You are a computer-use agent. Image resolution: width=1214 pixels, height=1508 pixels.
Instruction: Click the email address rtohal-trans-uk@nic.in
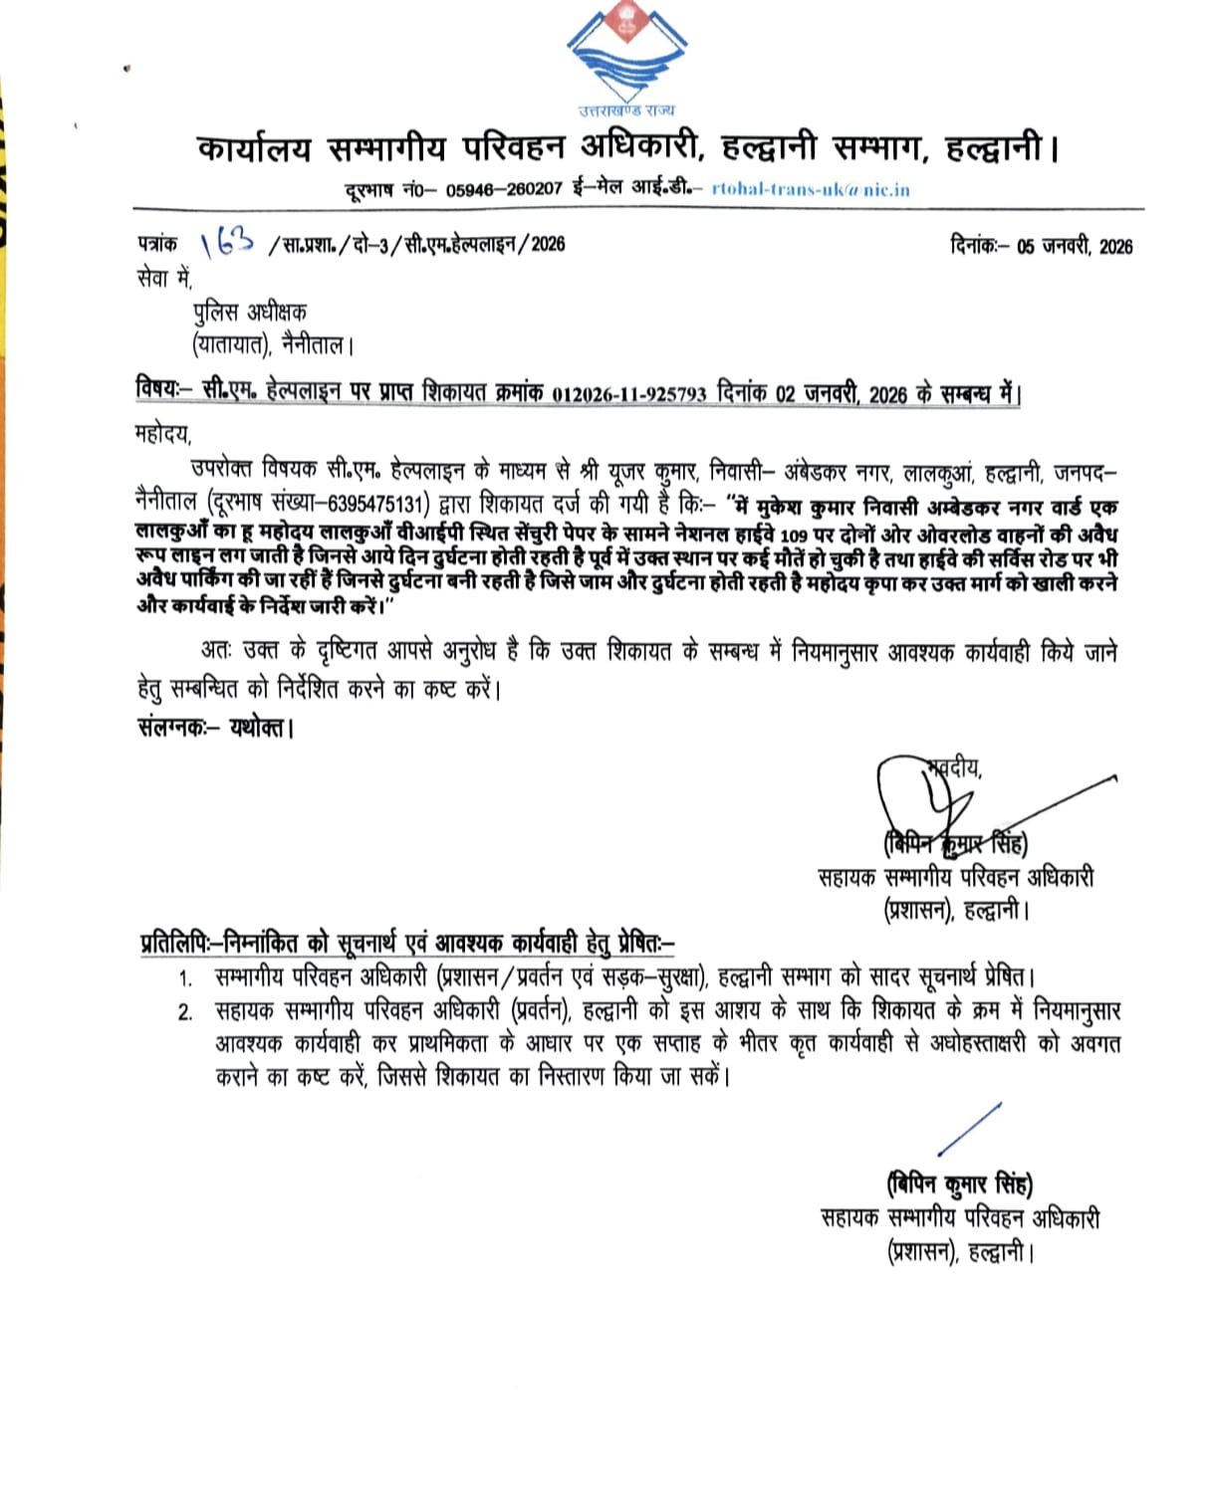click(x=811, y=189)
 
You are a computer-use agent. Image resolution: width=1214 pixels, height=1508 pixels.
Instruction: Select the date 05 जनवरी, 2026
click(x=1074, y=247)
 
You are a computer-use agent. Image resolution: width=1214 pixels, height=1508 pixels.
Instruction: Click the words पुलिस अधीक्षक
click(x=250, y=313)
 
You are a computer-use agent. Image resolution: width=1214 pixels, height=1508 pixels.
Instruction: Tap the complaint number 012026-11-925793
click(x=630, y=393)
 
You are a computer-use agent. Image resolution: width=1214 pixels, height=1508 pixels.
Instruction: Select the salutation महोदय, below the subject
click(x=161, y=434)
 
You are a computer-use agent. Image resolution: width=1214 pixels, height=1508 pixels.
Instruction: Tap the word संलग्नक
click(x=170, y=728)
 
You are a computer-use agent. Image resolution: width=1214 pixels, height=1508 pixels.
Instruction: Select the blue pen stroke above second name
click(x=968, y=1130)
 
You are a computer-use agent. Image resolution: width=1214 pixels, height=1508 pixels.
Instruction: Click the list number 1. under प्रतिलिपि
click(x=184, y=979)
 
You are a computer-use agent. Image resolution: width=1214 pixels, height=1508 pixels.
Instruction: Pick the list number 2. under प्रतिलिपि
click(x=184, y=1012)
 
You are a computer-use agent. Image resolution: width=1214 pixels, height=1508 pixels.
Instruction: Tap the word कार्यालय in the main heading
click(x=254, y=149)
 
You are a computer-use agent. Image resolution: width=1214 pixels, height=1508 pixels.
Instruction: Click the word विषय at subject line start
click(x=156, y=392)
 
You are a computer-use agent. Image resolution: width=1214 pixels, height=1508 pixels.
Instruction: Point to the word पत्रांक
click(x=157, y=243)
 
